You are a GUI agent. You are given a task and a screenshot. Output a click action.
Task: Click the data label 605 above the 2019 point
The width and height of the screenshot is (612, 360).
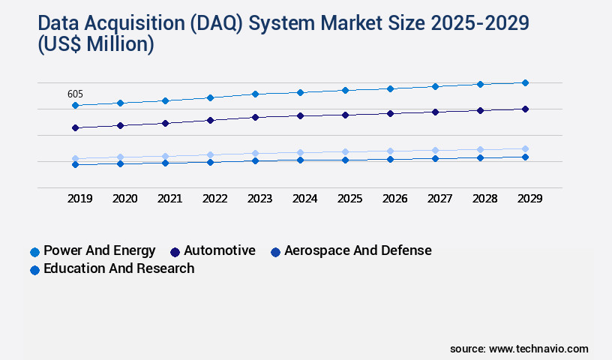pos(75,94)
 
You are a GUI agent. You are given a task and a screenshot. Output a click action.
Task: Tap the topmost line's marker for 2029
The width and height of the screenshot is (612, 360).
pos(525,82)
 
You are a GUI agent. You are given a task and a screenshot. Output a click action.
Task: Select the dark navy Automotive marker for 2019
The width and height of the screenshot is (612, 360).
pos(75,127)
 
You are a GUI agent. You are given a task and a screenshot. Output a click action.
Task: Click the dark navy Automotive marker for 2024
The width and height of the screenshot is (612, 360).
pos(300,115)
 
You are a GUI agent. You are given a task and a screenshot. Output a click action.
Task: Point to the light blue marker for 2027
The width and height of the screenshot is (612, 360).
pos(435,150)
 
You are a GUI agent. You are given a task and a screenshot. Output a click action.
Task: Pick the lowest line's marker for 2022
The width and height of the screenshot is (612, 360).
pos(210,162)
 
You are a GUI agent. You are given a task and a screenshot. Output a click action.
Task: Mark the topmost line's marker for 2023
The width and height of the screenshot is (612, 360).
pos(255,94)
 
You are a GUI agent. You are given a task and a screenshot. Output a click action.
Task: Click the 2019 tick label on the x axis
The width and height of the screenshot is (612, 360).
pos(79,199)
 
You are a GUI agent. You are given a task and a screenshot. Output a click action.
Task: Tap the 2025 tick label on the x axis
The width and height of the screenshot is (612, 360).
pos(349,199)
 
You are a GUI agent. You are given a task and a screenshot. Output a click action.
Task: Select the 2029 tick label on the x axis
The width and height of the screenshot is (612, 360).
pos(529,199)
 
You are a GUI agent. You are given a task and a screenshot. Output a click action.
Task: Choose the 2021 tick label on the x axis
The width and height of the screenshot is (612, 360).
pos(169,199)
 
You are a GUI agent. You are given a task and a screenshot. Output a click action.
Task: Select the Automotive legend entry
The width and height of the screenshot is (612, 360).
pos(213,250)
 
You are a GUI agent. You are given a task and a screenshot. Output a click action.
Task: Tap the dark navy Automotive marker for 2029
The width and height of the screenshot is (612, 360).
pos(525,109)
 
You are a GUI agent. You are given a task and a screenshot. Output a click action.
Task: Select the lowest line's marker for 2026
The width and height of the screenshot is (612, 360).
pos(390,159)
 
